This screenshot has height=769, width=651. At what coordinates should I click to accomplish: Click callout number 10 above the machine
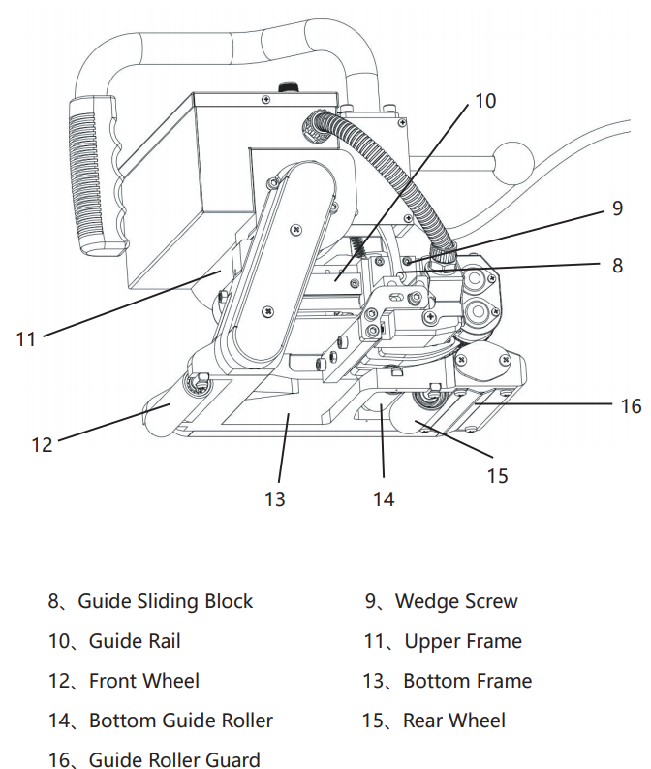485,101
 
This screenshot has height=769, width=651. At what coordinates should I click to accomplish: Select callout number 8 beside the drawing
618,263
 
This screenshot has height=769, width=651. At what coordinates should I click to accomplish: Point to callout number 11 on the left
25,338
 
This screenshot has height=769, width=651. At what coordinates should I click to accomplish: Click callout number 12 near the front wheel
42,445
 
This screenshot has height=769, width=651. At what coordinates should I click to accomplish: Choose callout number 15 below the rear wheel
497,475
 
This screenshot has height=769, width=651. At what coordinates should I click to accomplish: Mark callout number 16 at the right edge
631,405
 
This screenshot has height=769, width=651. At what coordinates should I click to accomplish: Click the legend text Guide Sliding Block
165,601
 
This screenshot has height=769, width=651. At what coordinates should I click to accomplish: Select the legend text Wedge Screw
456,601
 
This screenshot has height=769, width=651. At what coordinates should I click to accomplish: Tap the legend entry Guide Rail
135,641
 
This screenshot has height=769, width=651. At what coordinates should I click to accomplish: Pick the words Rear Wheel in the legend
454,721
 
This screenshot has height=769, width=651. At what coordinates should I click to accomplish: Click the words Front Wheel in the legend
144,681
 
